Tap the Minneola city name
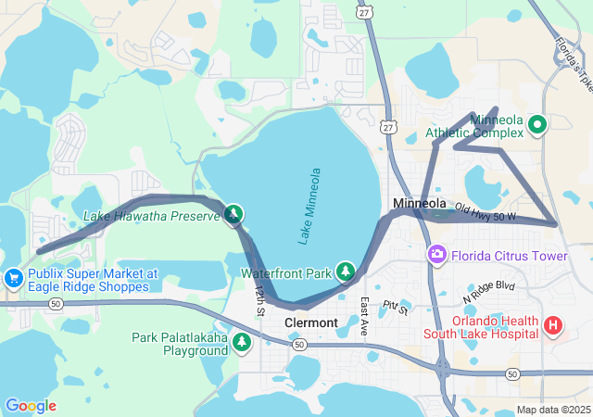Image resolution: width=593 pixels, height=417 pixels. [x=420, y=203]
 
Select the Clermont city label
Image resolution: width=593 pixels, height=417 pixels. [x=311, y=322]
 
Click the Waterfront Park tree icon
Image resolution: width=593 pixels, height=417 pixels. [x=346, y=271]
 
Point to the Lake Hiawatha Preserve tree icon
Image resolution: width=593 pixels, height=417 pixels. [x=234, y=216]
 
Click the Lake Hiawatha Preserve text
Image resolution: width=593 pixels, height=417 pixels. [x=152, y=217]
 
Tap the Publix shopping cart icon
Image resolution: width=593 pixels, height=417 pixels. [x=13, y=278]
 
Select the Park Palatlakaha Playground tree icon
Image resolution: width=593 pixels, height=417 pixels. [x=242, y=343]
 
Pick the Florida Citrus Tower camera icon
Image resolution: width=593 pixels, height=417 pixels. [x=436, y=254]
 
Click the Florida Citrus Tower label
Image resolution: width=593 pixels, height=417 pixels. [x=510, y=256]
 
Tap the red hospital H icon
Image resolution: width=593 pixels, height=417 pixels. [x=553, y=325]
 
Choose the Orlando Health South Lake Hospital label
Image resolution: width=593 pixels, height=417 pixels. [x=483, y=325]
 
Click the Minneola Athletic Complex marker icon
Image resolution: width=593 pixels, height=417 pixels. [x=536, y=122]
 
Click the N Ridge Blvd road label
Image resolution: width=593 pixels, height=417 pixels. [x=487, y=292]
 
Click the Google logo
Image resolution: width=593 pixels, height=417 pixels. [x=31, y=406]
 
